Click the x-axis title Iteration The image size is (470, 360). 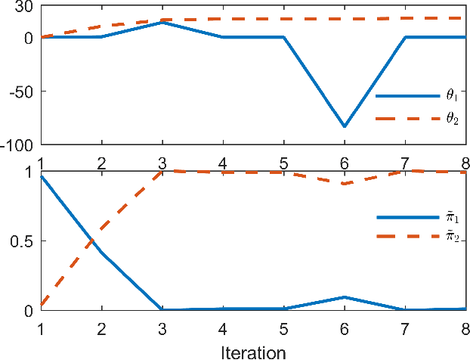coord(254,352)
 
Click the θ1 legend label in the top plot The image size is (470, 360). coord(452,96)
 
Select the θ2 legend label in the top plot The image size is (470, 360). coord(452,119)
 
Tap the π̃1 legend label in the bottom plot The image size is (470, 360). coord(452,217)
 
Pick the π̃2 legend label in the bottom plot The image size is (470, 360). coord(452,239)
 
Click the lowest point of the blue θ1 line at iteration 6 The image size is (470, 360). coord(345,126)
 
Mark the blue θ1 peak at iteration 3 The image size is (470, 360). coord(162,23)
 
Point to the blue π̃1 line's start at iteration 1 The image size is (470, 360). coord(40,176)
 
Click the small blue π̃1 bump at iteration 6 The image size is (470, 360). coord(345,297)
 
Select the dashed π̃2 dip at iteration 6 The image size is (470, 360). coord(345,184)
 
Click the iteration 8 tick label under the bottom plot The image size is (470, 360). coord(465,331)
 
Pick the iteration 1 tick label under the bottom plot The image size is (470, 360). coord(40,331)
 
